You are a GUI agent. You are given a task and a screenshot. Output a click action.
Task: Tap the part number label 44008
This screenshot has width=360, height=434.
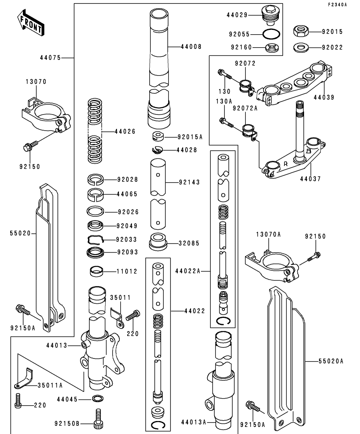click(191, 46)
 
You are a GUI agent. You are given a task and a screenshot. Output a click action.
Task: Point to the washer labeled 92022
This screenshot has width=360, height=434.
click(301, 48)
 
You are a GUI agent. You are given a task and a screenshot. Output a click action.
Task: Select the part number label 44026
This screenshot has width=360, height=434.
click(125, 131)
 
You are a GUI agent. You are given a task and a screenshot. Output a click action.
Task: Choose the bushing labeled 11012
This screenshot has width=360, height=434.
click(95, 271)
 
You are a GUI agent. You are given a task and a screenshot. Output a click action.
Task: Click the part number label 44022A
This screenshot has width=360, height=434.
click(188, 271)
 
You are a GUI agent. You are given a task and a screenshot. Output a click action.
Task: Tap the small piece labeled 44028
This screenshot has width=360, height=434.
click(157, 150)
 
